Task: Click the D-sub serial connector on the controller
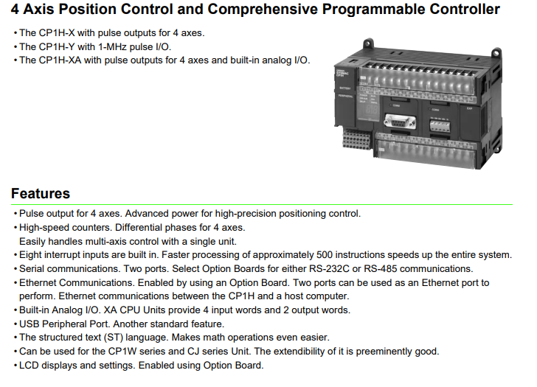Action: click(400, 122)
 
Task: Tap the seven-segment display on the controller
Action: click(372, 111)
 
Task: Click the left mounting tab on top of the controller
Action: click(368, 43)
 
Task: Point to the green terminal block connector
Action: click(440, 125)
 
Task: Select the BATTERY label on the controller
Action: click(344, 88)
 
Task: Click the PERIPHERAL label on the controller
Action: click(345, 96)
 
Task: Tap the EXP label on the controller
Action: click(469, 108)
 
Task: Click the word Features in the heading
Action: click(41, 193)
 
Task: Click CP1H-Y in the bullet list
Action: click(58, 46)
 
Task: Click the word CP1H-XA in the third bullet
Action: click(60, 60)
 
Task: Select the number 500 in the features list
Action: click(325, 255)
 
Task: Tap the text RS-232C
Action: click(329, 268)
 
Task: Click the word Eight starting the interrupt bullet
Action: click(30, 255)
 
